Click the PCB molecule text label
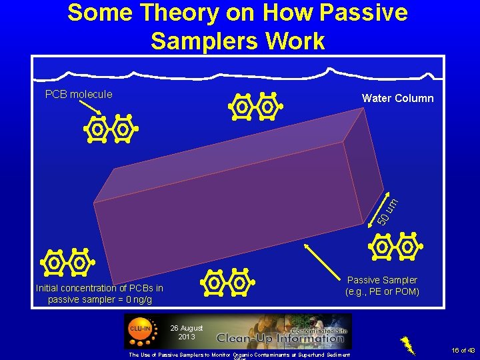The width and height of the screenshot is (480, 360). click(79, 95)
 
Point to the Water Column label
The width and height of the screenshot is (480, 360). click(397, 99)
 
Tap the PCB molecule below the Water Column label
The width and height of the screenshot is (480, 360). click(255, 107)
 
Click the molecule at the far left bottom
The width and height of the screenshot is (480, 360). click(66, 263)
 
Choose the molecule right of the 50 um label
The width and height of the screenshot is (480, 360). click(395, 247)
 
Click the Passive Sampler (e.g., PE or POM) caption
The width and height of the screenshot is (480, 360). click(382, 286)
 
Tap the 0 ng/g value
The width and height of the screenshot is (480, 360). click(137, 299)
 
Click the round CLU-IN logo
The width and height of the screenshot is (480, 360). click(139, 328)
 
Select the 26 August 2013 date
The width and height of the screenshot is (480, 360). click(187, 332)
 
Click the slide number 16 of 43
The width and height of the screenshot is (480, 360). click(462, 350)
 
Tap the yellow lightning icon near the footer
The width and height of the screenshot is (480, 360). click(408, 343)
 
